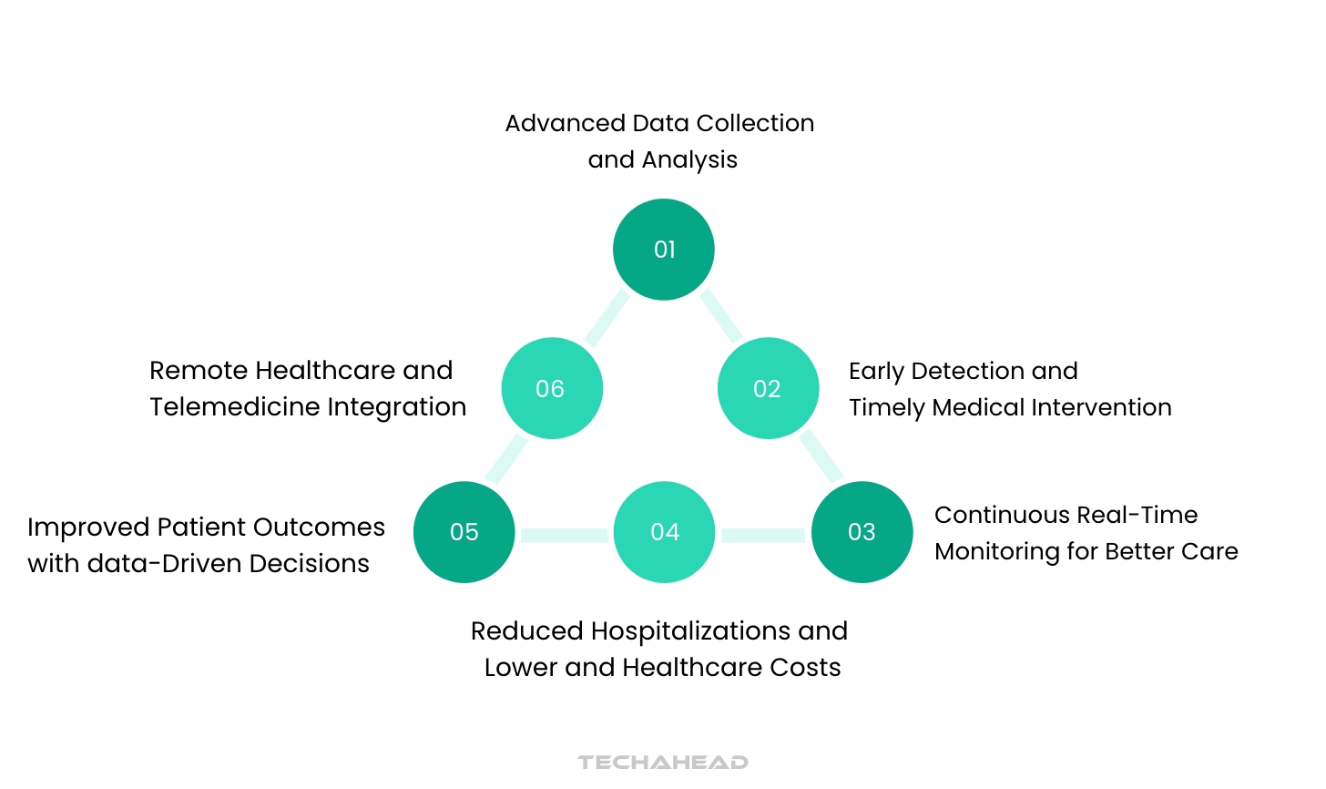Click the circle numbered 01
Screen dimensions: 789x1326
point(664,250)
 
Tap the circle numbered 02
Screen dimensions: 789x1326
point(768,388)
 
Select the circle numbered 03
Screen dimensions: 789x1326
point(862,532)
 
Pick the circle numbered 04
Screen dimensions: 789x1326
point(664,532)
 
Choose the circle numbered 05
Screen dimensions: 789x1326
point(464,532)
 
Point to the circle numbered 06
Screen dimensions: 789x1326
point(552,388)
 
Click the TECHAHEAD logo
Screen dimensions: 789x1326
point(663,762)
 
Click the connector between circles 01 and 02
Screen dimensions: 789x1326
point(720,315)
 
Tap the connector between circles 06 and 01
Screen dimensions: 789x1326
point(607,317)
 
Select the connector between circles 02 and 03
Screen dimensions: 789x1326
point(821,456)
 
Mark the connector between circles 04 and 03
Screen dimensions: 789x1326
point(763,535)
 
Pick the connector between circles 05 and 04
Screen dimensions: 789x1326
point(564,535)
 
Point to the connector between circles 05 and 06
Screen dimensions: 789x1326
point(506,458)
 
